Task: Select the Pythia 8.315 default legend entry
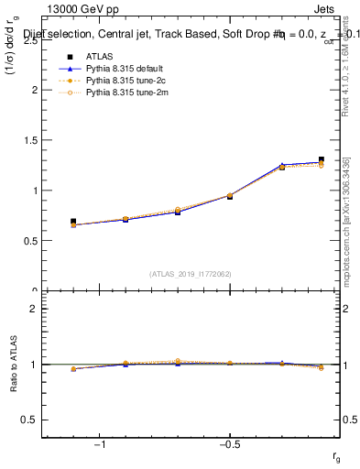pos(116,69)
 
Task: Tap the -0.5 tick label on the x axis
pos(228,444)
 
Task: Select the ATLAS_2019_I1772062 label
pos(191,274)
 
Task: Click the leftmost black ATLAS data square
pos(73,222)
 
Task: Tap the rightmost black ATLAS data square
pos(322,159)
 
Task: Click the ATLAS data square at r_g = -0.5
pos(229,196)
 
